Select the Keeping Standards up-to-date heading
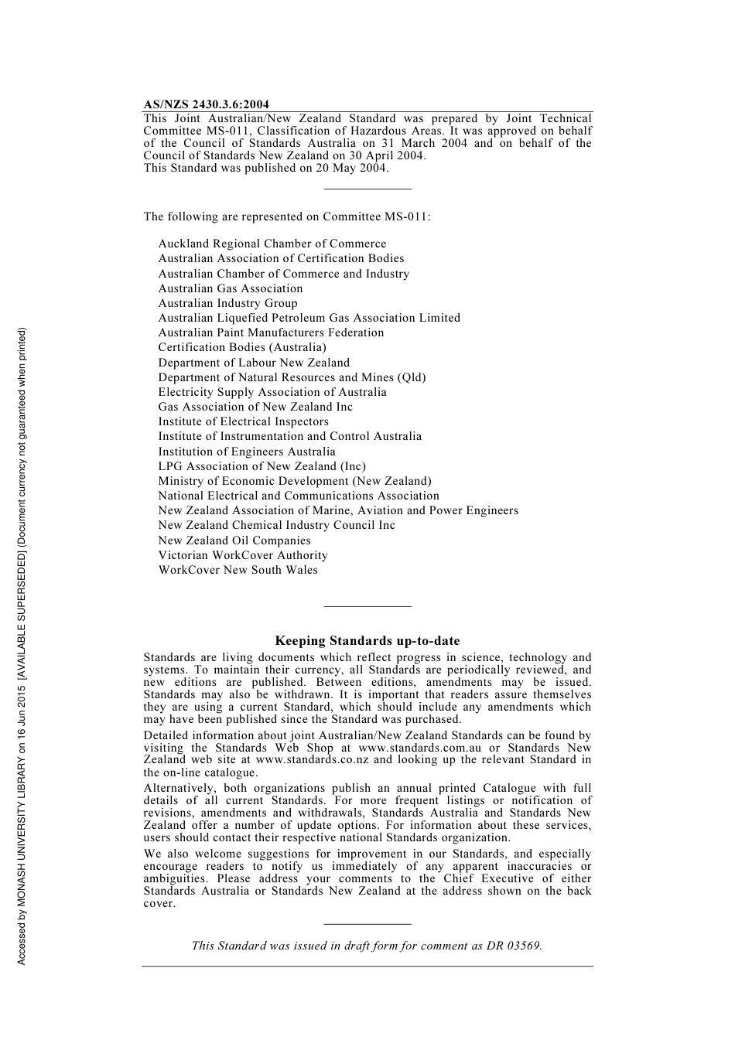tap(367, 641)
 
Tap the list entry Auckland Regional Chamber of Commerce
tap(272, 244)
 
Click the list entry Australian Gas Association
tap(231, 288)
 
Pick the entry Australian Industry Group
tap(227, 303)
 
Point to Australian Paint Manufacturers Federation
tap(271, 332)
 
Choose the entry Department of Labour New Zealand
tap(254, 363)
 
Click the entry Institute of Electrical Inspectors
tap(243, 421)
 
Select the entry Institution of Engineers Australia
tap(247, 452)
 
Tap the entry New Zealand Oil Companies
tap(234, 540)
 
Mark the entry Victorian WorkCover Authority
tap(243, 555)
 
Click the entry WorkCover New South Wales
tap(238, 570)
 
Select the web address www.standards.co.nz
tap(312, 760)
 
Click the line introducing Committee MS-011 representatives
tap(287, 217)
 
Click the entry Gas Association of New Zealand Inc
tap(255, 407)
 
